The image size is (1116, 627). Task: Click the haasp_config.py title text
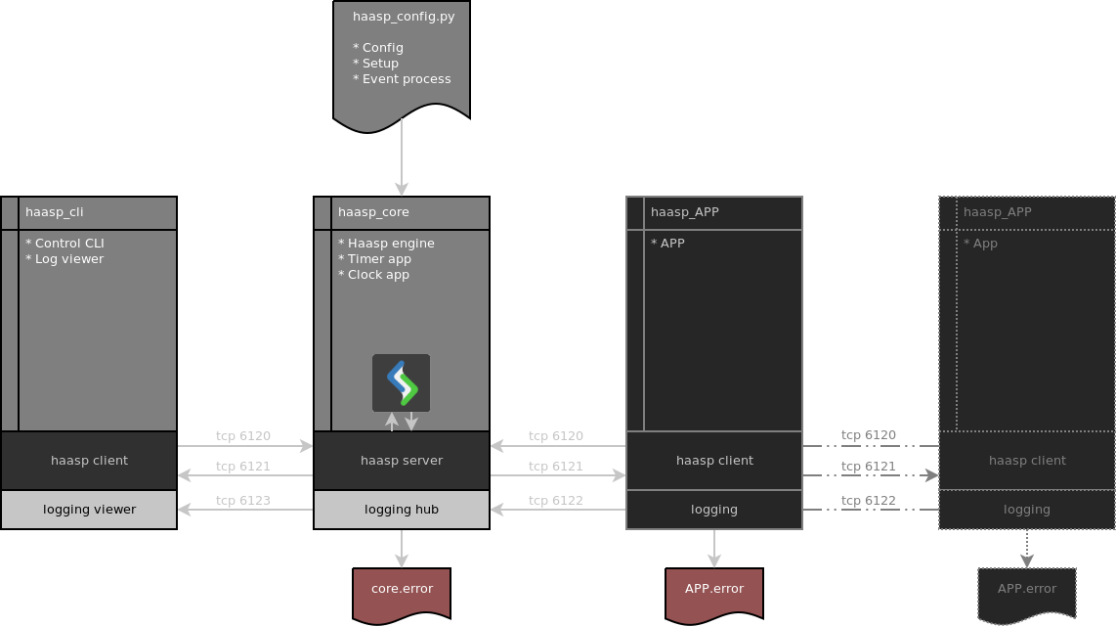point(403,17)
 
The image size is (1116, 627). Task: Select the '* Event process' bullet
point(402,79)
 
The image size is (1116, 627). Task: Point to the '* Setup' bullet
point(375,64)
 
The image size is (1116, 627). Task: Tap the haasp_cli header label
point(54,212)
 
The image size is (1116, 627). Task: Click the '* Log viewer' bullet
point(64,259)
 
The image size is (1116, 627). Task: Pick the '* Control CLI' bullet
point(64,244)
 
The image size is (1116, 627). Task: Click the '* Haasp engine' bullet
point(386,244)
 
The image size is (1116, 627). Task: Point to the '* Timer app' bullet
point(374,259)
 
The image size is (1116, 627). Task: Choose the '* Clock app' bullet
point(373,275)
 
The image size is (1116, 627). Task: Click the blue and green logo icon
point(402,382)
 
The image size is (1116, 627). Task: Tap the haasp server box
point(402,461)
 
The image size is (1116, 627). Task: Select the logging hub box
point(402,510)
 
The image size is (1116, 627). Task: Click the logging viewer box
point(89,510)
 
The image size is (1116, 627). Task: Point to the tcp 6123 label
point(242,501)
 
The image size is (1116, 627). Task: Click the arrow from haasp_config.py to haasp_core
point(402,157)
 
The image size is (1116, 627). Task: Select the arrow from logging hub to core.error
point(402,548)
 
